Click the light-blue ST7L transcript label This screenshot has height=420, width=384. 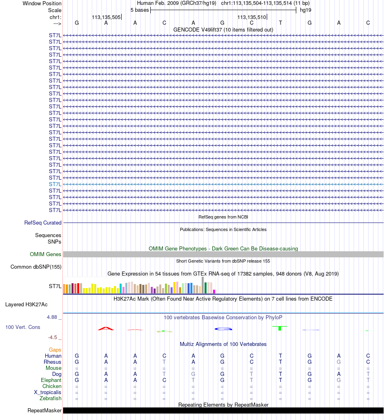(x=55, y=184)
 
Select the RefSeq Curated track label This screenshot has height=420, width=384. (x=43, y=223)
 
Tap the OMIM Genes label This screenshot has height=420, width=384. (x=46, y=255)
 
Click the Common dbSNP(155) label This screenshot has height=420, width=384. (x=36, y=267)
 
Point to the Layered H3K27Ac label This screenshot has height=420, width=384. (x=27, y=305)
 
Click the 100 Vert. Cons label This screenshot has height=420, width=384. (x=23, y=327)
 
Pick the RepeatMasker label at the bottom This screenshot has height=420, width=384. (x=44, y=411)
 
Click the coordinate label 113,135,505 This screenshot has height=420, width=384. (x=106, y=17)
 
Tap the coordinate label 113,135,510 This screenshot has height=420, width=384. (x=252, y=17)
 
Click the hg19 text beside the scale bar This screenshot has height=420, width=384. (x=306, y=10)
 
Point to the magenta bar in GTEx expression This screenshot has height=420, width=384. (x=214, y=291)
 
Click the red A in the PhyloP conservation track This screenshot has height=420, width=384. (x=105, y=329)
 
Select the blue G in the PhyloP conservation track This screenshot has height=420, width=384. (x=223, y=329)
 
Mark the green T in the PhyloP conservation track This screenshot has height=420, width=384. (x=280, y=328)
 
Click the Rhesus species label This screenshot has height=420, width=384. (x=53, y=362)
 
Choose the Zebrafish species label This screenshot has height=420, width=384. (x=50, y=399)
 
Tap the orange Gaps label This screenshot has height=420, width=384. (x=55, y=350)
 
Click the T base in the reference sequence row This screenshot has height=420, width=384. (x=281, y=23)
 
